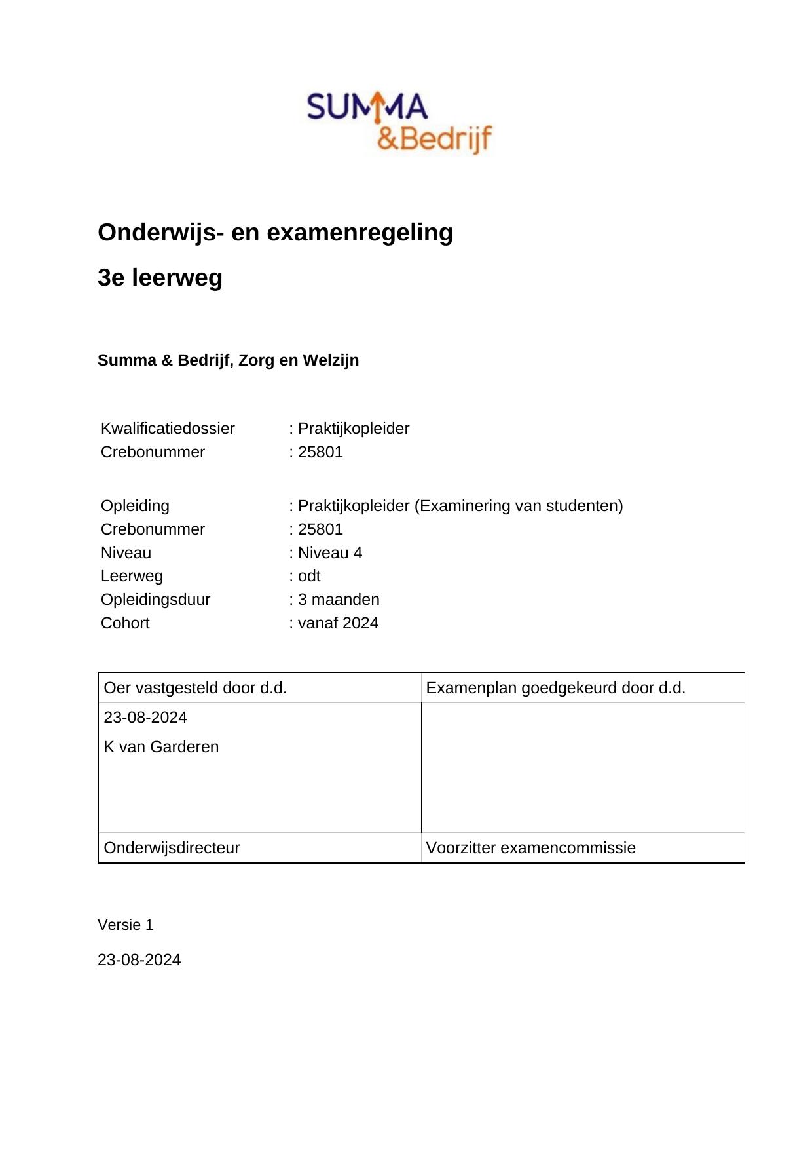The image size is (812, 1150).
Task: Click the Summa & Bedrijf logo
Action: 399,123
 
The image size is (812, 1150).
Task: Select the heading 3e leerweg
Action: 160,278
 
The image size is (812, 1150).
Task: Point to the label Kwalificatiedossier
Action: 168,429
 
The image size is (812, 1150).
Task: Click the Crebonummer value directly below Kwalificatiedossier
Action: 320,452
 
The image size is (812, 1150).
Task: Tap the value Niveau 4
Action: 330,553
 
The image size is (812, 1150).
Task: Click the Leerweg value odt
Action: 309,576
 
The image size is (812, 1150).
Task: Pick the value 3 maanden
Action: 339,600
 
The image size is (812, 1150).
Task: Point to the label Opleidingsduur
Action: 155,600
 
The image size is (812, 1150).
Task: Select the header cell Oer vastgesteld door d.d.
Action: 195,688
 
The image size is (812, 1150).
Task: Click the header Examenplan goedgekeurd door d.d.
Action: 555,688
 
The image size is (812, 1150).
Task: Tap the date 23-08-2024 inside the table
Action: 145,718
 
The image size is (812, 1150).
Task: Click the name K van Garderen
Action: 161,747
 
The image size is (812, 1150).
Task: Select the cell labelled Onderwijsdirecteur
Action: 172,848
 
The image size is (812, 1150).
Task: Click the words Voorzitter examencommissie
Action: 530,848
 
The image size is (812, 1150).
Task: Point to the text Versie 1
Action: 125,925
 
